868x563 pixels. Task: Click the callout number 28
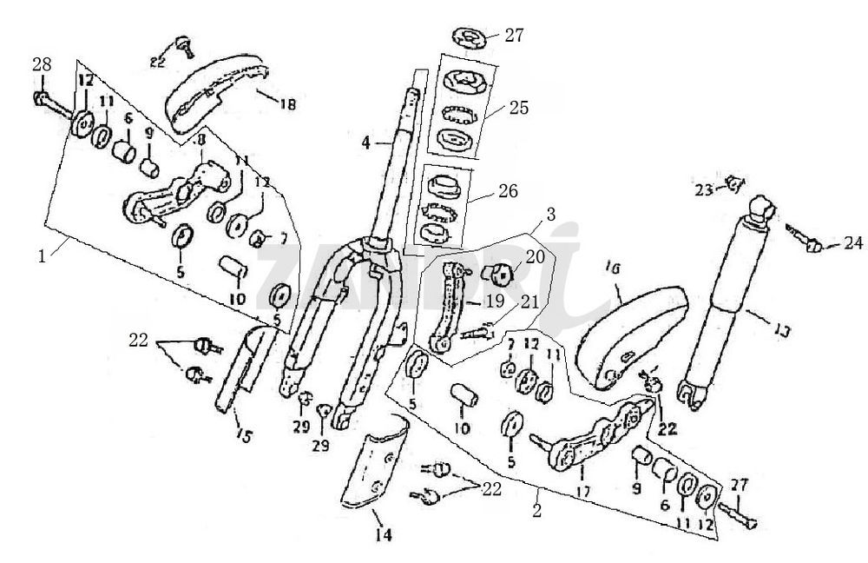pyautogui.click(x=42, y=64)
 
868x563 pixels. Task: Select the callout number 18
pyautogui.click(x=288, y=103)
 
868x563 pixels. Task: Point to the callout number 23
pyautogui.click(x=702, y=190)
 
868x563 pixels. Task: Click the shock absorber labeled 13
pyautogui.click(x=729, y=295)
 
